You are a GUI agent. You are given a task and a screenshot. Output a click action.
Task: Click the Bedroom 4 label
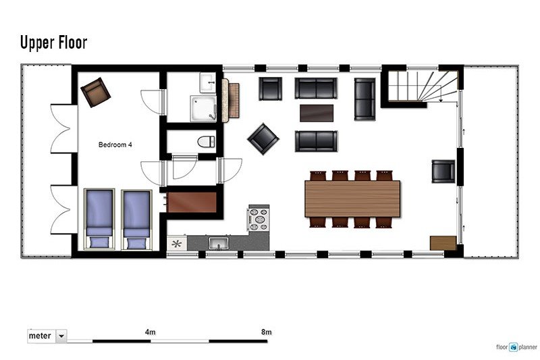click(115, 145)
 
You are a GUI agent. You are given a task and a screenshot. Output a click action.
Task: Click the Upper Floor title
click(54, 43)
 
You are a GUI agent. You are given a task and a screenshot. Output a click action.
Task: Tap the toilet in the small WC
click(207, 142)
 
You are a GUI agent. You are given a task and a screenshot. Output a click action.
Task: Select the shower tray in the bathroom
click(204, 109)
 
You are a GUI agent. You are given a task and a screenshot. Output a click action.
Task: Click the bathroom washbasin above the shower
click(208, 82)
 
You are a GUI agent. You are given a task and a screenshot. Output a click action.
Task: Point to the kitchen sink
click(218, 243)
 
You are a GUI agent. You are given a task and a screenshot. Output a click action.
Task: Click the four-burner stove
click(259, 218)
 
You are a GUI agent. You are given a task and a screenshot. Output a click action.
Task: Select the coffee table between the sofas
click(317, 113)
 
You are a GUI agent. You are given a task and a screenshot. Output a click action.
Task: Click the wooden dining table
click(352, 199)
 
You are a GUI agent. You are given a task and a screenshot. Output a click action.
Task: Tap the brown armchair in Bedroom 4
click(96, 92)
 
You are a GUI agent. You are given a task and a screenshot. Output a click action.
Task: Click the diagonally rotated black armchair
click(263, 139)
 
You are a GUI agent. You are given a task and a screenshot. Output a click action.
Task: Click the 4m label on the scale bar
click(150, 332)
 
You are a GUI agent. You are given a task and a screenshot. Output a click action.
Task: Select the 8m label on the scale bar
click(266, 332)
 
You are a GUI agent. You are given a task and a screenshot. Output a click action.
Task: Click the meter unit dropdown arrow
click(61, 336)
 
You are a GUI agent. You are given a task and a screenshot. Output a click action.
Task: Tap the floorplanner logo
click(516, 347)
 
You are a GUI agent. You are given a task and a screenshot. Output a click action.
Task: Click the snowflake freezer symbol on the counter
click(177, 244)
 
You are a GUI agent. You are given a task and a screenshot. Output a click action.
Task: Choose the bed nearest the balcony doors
click(99, 219)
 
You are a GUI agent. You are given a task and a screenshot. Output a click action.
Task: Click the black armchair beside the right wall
click(443, 171)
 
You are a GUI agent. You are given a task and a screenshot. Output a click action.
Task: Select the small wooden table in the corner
click(443, 243)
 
